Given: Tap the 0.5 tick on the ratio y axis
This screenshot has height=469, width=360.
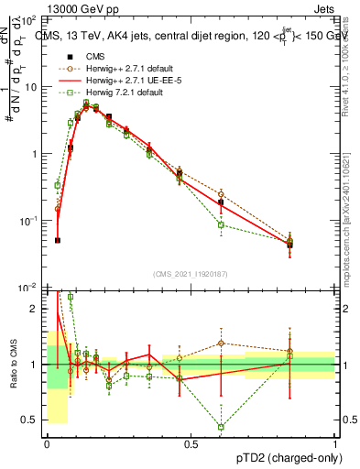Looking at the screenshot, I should point(33,420).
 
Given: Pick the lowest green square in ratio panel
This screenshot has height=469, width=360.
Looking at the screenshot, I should point(221,427).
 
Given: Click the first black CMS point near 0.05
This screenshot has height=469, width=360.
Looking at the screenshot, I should point(58,240).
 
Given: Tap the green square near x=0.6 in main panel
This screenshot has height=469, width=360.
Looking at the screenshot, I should point(221,224).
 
